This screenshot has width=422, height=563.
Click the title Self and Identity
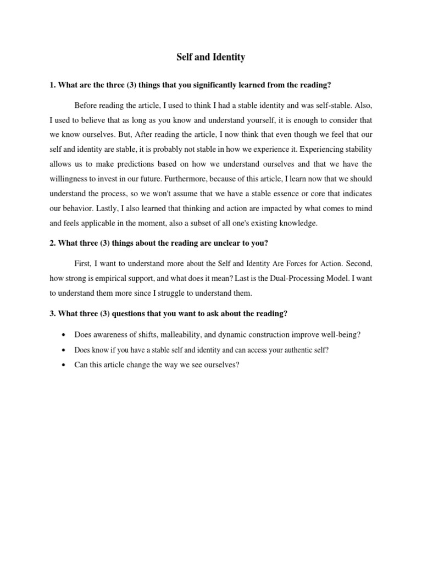click(x=210, y=57)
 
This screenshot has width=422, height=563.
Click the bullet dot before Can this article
click(x=65, y=365)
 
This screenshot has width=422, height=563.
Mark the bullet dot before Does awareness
click(x=65, y=335)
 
